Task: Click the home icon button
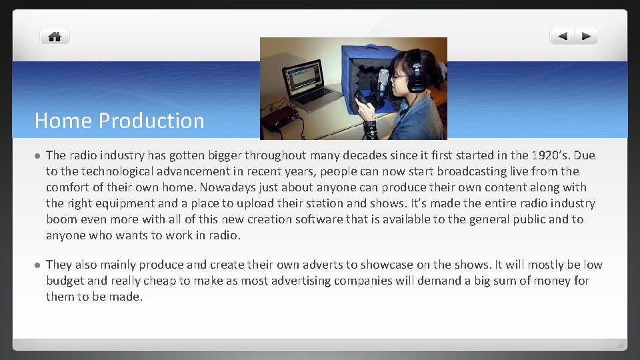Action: (x=55, y=37)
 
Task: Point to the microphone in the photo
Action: (x=383, y=83)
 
